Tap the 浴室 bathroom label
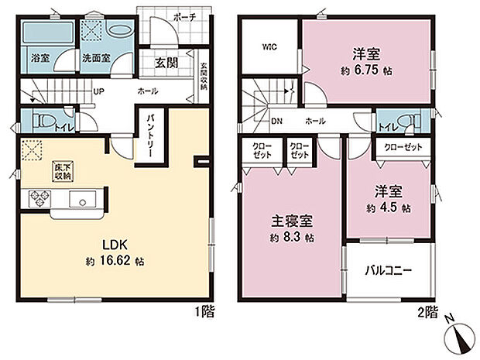tap(39, 57)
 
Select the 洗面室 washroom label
tap(96, 57)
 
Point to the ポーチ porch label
tap(183, 15)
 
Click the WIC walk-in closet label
tap(269, 46)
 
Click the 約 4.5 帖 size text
tap(386, 208)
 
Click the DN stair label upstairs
tap(276, 122)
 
